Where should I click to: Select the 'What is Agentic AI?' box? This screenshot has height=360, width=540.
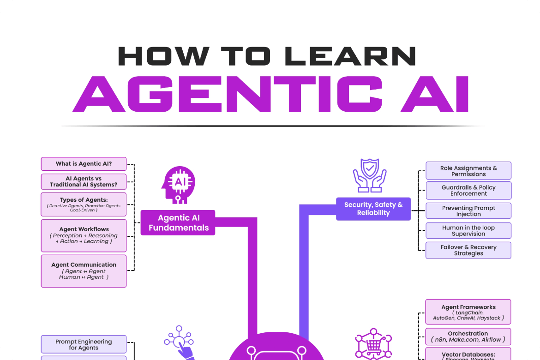[84, 164]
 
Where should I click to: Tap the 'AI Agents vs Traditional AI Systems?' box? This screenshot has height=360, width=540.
[84, 182]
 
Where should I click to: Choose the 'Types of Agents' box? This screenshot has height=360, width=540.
[84, 204]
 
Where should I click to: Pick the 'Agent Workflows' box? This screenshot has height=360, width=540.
[84, 235]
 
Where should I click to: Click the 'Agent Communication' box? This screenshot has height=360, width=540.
[84, 271]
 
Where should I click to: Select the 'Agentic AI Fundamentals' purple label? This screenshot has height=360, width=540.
[178, 223]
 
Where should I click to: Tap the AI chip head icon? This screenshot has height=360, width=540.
[178, 184]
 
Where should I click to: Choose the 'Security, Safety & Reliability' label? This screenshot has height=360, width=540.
[373, 209]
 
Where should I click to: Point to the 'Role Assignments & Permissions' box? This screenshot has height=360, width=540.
[468, 171]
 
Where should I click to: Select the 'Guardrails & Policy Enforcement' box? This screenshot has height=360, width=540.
[468, 190]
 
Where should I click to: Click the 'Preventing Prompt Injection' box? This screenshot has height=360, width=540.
[468, 210]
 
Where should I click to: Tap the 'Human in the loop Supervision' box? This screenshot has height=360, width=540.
[468, 230]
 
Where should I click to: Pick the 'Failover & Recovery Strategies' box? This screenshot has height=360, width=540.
[468, 250]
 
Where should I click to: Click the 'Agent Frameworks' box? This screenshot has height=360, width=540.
[468, 312]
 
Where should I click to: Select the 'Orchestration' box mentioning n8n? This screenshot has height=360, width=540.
[468, 336]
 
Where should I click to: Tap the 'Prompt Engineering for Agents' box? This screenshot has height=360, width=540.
[84, 344]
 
